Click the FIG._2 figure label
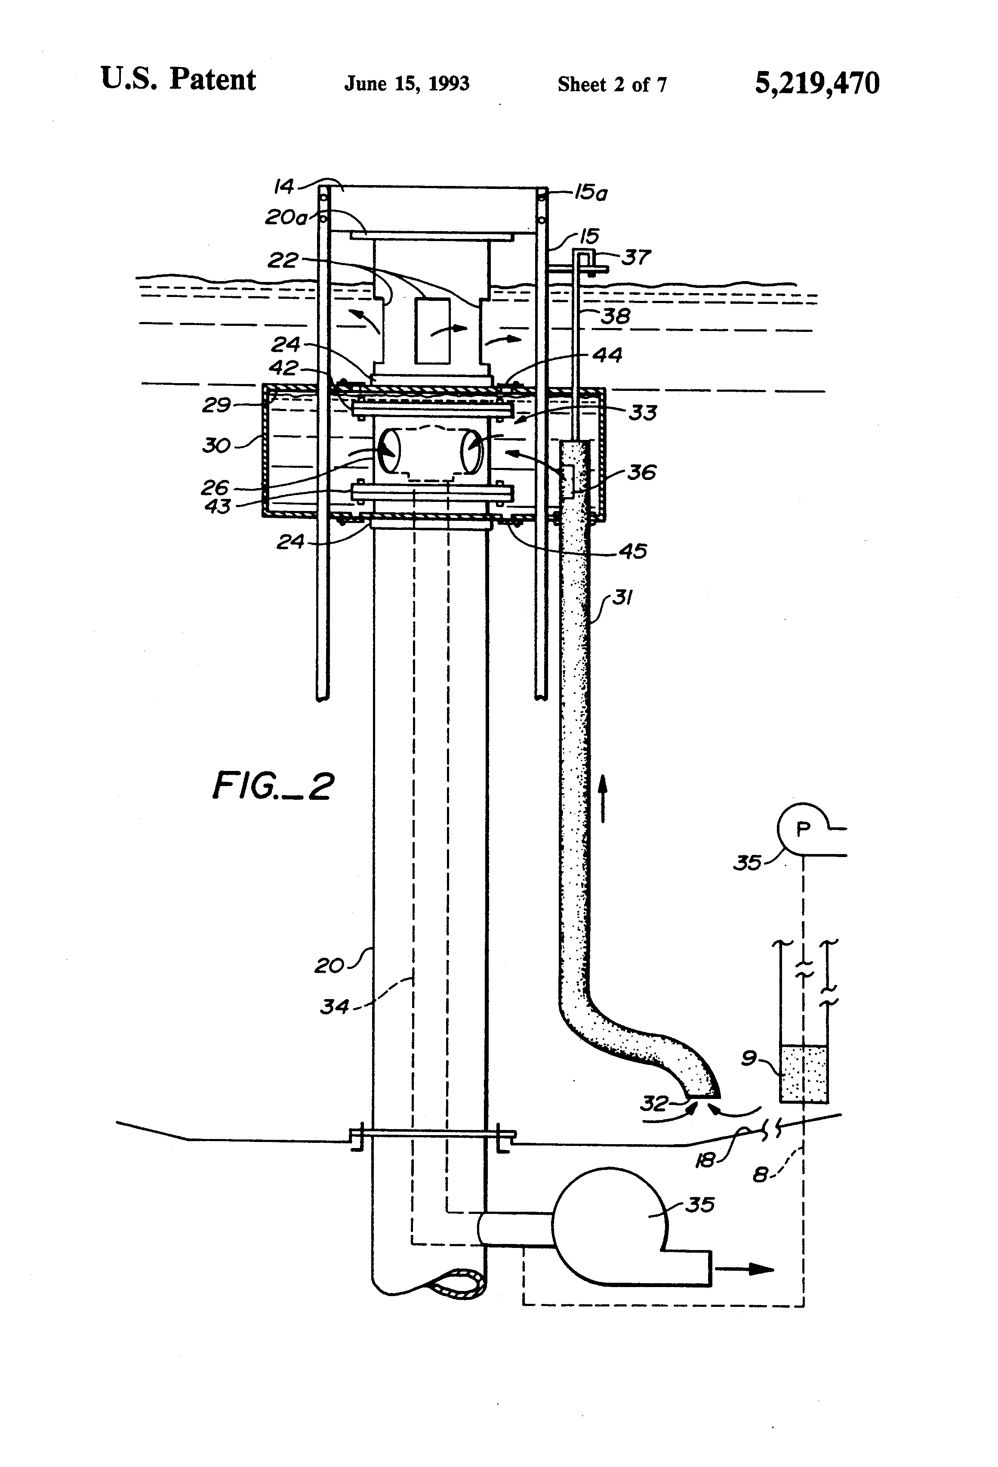click(x=273, y=786)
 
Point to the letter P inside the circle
click(x=802, y=829)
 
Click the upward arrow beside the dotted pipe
click(x=603, y=798)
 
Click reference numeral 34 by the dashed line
click(x=334, y=1006)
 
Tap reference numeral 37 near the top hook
click(x=636, y=257)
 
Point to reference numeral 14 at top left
click(x=284, y=186)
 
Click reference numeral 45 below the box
click(x=633, y=551)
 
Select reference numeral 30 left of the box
click(x=216, y=446)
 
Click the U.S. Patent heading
click(x=178, y=80)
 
